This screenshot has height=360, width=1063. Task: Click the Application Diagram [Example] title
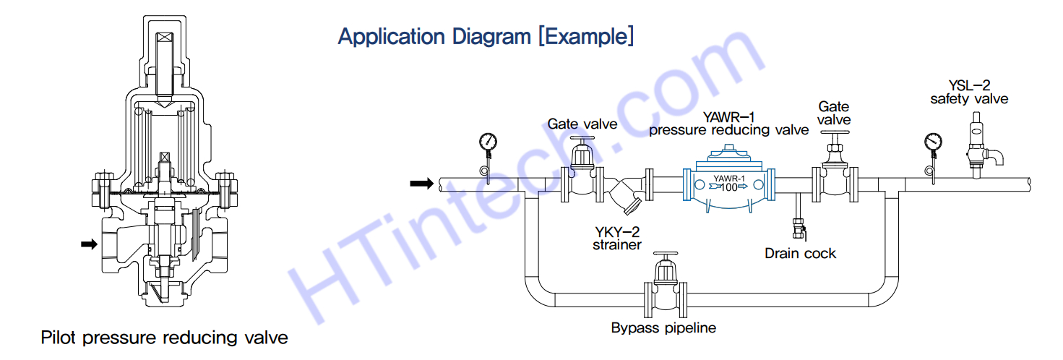click(x=486, y=36)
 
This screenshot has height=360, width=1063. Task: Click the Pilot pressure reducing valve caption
click(x=164, y=338)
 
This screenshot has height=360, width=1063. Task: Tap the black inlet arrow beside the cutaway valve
click(x=89, y=244)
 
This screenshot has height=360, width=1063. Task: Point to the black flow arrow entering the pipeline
click(x=421, y=184)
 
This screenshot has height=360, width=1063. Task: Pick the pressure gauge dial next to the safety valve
click(x=933, y=141)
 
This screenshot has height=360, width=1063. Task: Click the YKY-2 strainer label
click(x=618, y=238)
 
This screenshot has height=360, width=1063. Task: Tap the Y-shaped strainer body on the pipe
click(x=626, y=198)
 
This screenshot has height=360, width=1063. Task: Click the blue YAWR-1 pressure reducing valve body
click(x=729, y=186)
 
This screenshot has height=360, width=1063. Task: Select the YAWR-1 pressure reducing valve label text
click(x=728, y=123)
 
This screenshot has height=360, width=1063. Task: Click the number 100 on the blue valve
click(x=730, y=187)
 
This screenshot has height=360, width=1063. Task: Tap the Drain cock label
click(x=800, y=253)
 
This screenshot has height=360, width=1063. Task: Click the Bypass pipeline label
click(x=663, y=327)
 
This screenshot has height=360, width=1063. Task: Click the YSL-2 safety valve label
click(x=969, y=92)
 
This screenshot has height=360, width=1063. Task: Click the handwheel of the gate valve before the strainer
click(x=582, y=139)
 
